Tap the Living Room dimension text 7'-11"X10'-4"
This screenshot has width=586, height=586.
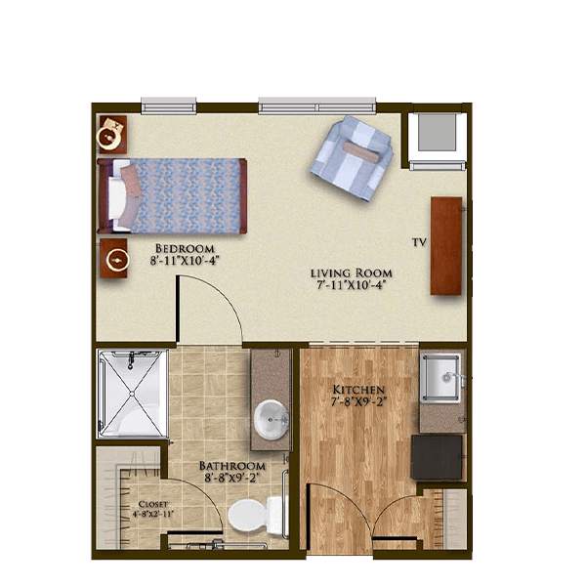click(351, 285)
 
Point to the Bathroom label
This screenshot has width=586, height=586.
click(232, 466)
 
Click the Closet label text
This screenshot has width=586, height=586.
click(153, 504)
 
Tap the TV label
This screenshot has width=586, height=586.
click(419, 242)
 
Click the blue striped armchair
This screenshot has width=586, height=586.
click(352, 158)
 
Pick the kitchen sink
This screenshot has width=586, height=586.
click(441, 377)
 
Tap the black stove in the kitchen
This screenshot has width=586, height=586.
click(437, 457)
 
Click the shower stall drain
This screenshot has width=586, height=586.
click(132, 394)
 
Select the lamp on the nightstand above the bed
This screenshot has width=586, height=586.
click(109, 138)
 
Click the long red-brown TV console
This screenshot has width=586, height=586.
click(446, 246)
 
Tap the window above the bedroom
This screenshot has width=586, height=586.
click(169, 105)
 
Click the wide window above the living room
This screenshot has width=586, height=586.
click(316, 105)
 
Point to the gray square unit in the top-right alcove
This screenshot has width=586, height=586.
click(437, 132)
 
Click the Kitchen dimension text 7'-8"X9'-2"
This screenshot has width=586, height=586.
click(358, 402)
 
